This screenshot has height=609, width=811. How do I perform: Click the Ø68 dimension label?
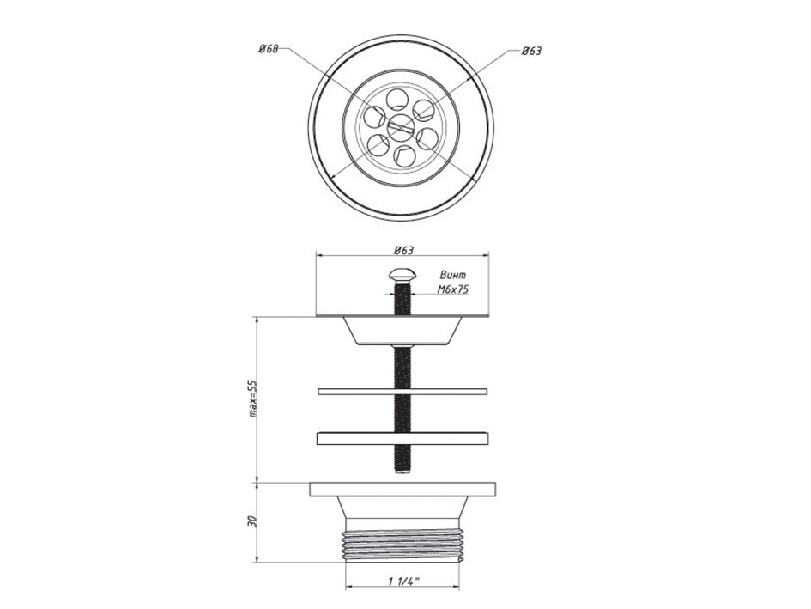(x=269, y=49)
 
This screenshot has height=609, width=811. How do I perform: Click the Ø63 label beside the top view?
(x=532, y=51)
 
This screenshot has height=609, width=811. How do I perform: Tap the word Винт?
(x=452, y=275)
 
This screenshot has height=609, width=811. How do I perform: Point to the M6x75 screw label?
(x=453, y=289)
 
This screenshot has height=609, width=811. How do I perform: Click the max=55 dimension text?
(x=252, y=399)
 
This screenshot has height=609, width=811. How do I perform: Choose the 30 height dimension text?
(x=252, y=521)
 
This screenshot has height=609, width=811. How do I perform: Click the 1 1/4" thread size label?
(x=403, y=582)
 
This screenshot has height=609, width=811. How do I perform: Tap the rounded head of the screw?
(x=402, y=275)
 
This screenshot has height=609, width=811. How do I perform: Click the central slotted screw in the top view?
(x=401, y=126)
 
